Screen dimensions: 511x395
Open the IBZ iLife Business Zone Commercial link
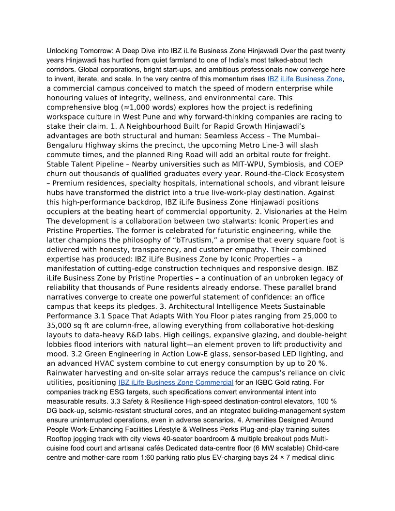pyautogui.click(x=176, y=383)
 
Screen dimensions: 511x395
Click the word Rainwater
pyautogui.click(x=65, y=373)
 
